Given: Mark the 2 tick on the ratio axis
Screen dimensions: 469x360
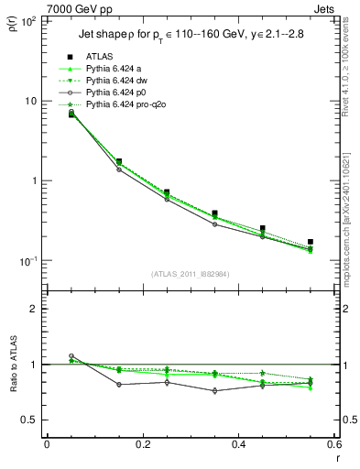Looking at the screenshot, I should tap(34, 309).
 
